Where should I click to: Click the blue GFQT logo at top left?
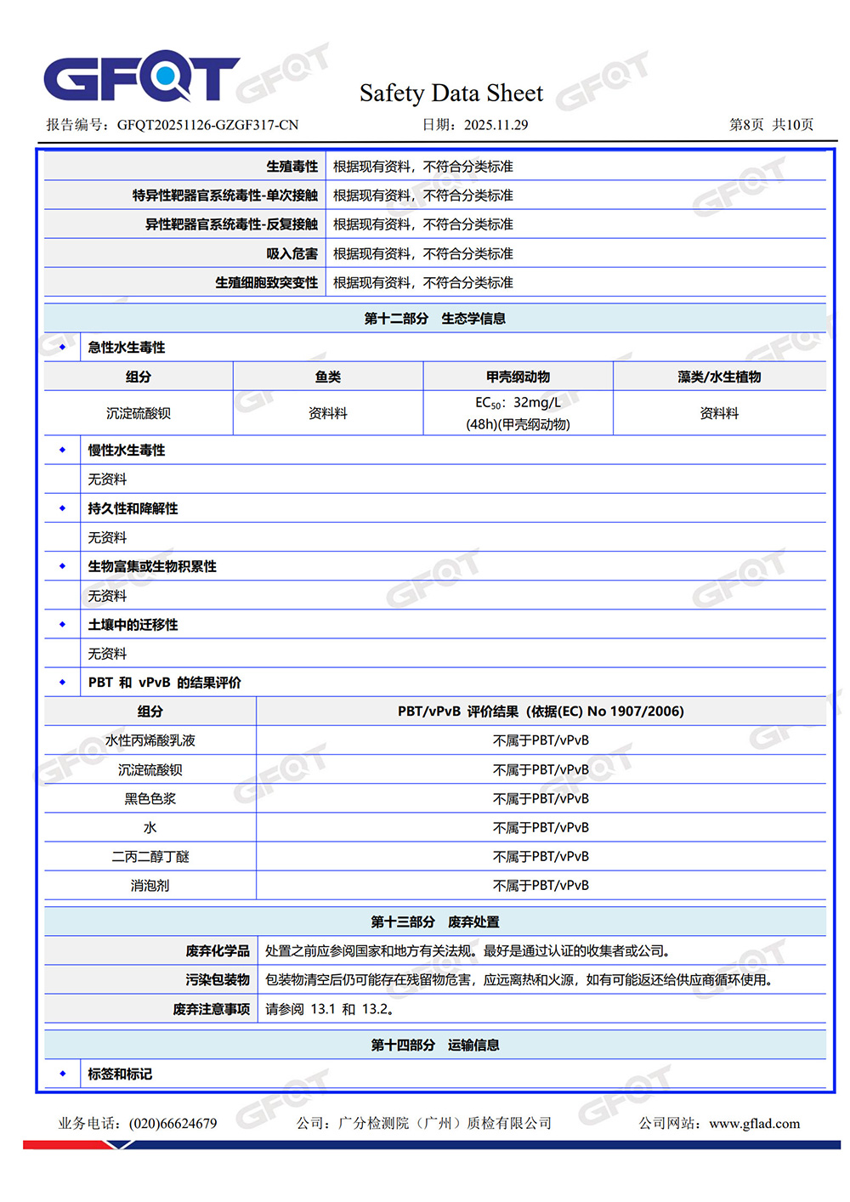[141, 78]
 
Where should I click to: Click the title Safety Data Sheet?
[450, 93]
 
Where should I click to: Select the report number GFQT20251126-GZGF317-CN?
[207, 125]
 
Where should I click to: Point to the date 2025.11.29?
[496, 125]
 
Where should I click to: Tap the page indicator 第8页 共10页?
[771, 125]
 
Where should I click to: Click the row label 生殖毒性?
[292, 167]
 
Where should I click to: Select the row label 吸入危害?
[292, 253]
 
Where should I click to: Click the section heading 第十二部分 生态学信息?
[434, 319]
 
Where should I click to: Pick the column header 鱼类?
[327, 377]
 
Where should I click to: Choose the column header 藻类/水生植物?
[719, 377]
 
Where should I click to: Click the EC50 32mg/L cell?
[518, 413]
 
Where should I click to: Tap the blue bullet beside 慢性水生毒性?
[62, 450]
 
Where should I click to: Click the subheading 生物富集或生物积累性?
[152, 566]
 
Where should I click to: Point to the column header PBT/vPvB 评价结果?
[541, 712]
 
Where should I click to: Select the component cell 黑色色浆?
[150, 798]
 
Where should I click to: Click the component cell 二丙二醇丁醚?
[150, 856]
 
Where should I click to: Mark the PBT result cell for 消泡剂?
[541, 885]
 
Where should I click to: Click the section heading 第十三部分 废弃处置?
[434, 921]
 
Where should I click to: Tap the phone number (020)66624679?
[173, 1123]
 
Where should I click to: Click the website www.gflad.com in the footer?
[754, 1123]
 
